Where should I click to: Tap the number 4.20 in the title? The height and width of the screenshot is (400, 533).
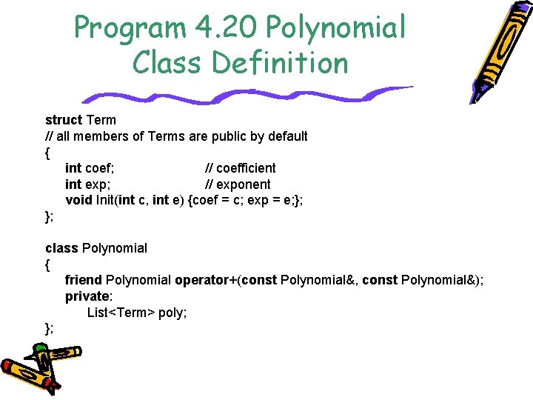(223, 28)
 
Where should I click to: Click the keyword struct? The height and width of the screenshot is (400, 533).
(64, 120)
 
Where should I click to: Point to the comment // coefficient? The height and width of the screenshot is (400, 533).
(241, 168)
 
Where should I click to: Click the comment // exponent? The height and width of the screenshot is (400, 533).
(238, 184)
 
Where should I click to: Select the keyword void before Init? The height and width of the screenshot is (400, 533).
(79, 200)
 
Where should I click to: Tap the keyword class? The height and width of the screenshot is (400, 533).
(61, 248)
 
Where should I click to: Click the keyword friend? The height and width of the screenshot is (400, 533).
(84, 280)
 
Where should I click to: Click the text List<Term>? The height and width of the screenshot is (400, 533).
(121, 313)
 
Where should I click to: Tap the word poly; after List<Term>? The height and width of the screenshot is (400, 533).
(172, 313)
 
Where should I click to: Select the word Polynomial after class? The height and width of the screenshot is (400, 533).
(115, 248)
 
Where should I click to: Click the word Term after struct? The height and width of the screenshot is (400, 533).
(101, 120)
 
